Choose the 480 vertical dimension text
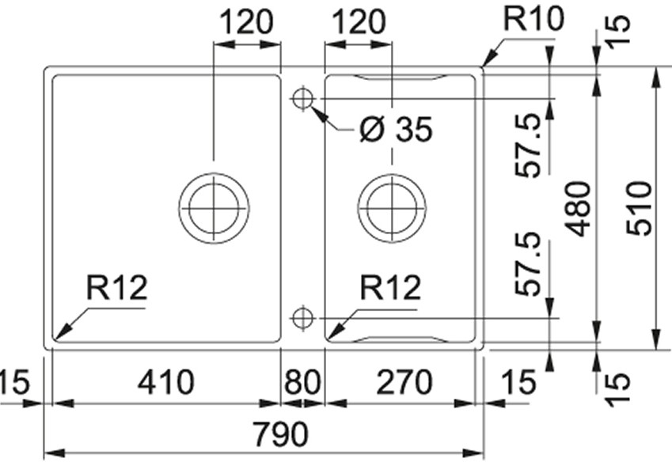point(580,208)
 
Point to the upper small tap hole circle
point(302,99)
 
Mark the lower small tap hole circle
point(302,318)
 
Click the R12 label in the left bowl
point(116,290)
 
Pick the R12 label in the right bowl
point(389,290)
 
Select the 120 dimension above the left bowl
point(246,22)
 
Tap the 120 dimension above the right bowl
point(359,22)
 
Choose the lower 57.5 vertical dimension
point(527,264)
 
